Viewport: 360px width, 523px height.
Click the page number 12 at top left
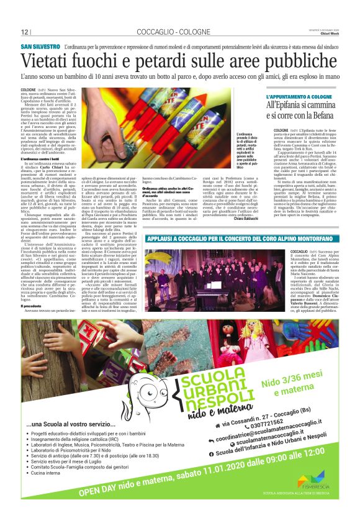(25, 32)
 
